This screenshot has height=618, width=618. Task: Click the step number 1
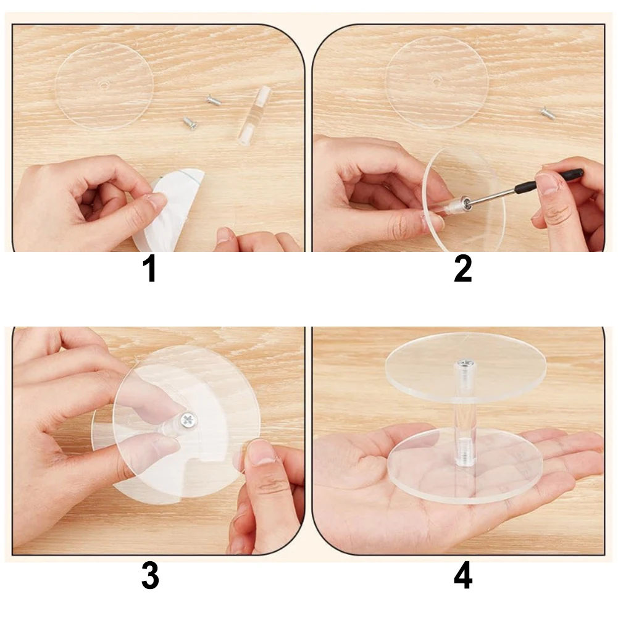(x=149, y=270)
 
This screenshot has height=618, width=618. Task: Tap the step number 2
(x=462, y=270)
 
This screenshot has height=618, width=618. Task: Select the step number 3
(x=150, y=577)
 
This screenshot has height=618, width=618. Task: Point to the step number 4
(x=463, y=577)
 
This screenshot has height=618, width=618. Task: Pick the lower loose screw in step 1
(x=190, y=123)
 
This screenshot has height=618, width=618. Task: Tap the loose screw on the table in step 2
(x=547, y=113)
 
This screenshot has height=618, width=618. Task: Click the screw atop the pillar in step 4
(x=464, y=364)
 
